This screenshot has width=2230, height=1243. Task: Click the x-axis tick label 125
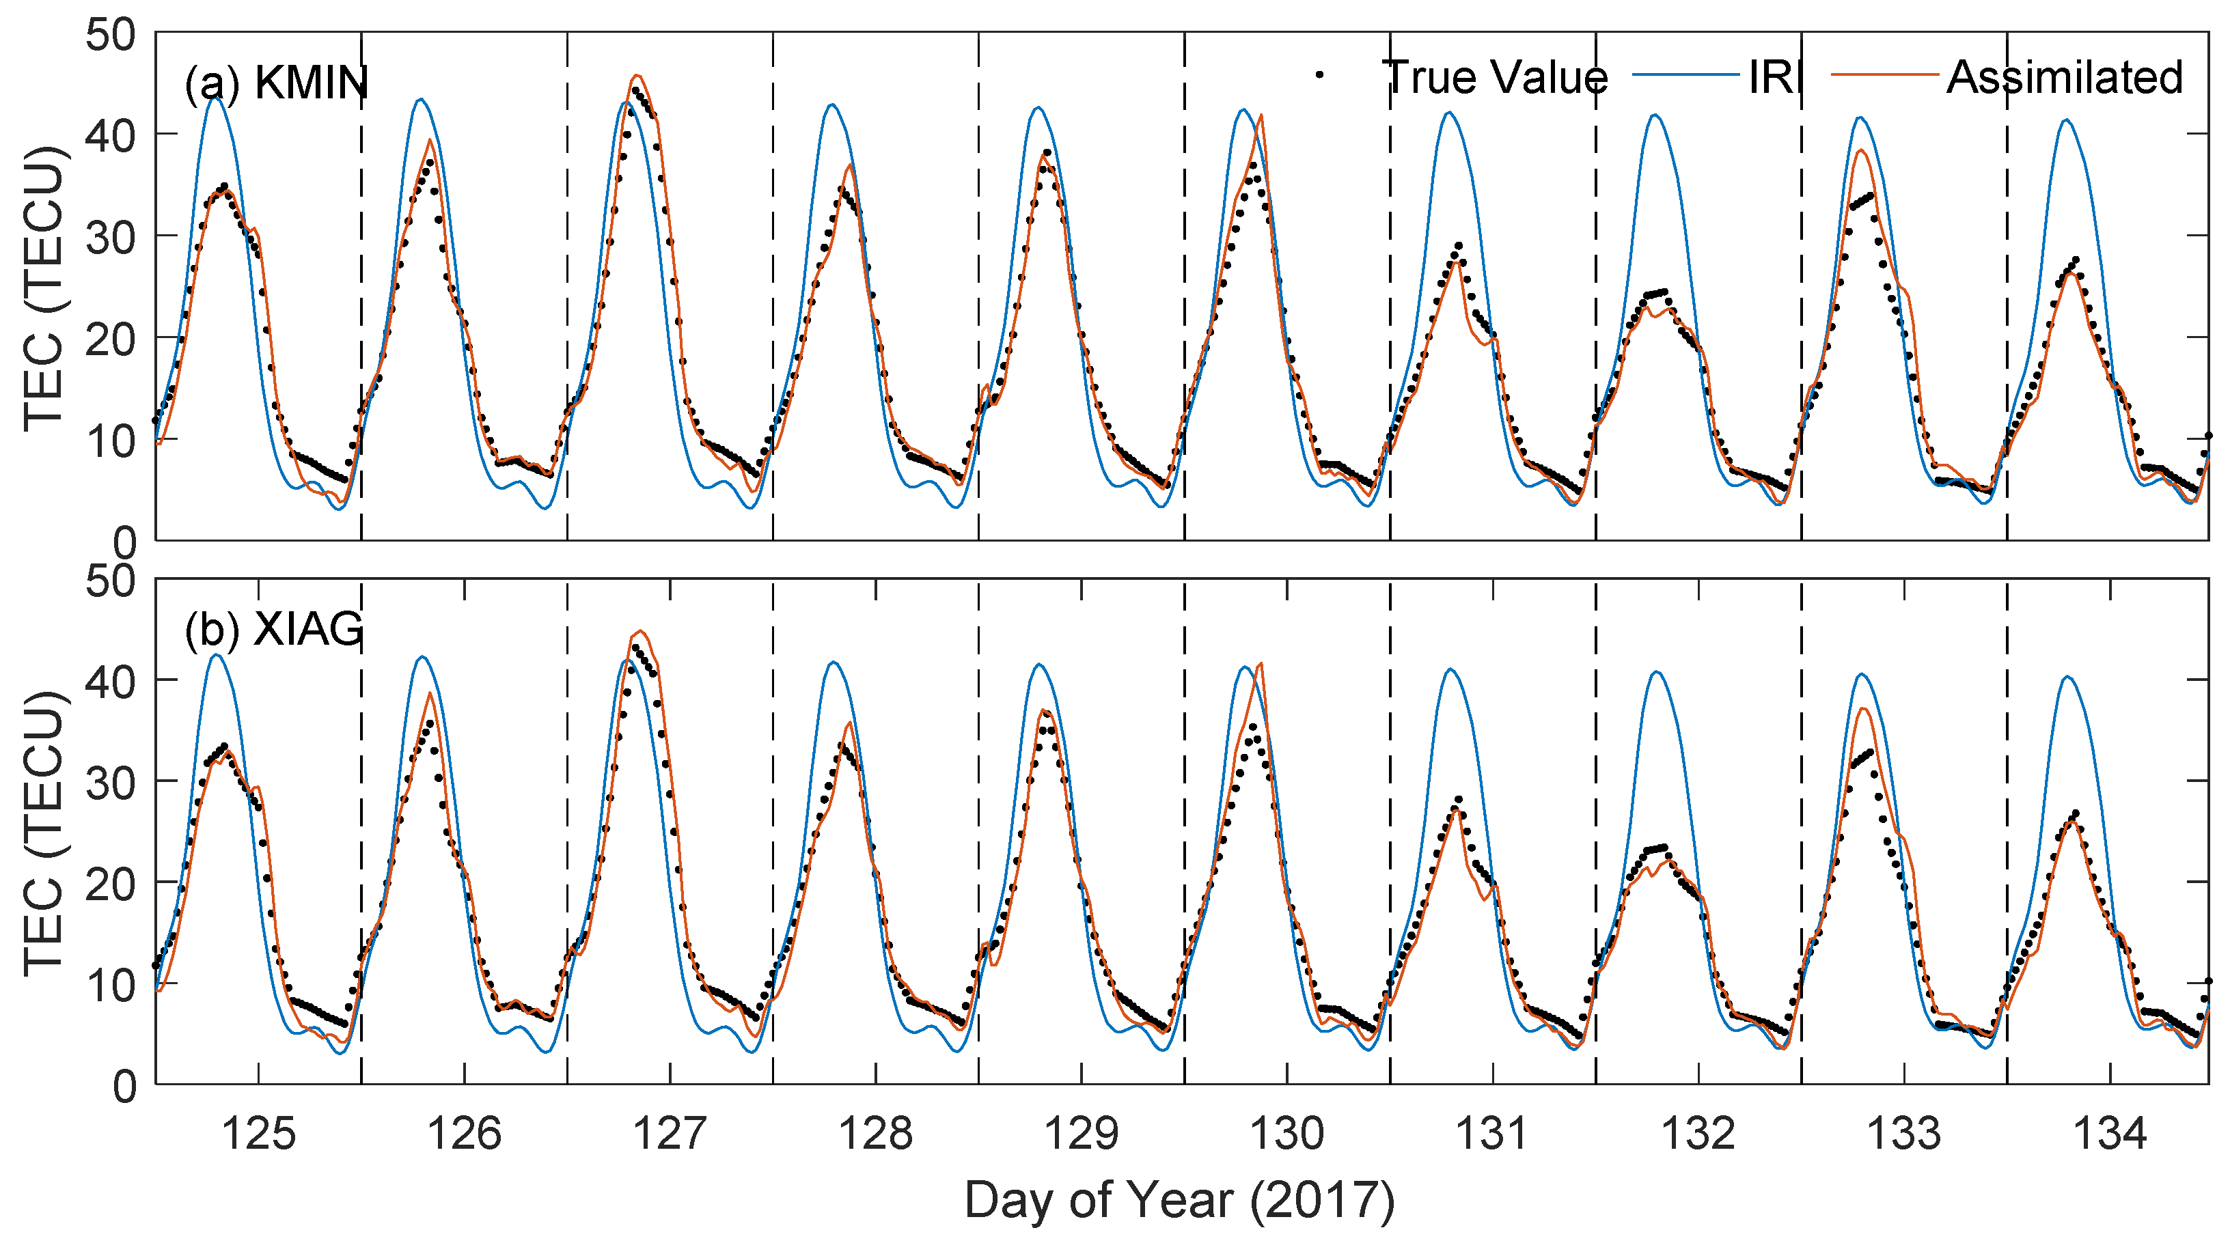click(x=258, y=1133)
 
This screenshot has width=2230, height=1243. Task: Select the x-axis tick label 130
click(x=1286, y=1133)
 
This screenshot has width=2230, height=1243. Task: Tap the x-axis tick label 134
click(x=2110, y=1133)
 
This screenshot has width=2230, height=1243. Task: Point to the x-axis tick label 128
click(x=875, y=1133)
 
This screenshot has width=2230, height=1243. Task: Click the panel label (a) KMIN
click(x=276, y=84)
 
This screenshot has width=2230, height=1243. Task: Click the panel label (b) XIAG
click(x=273, y=629)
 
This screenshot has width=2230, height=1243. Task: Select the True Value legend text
click(x=1496, y=77)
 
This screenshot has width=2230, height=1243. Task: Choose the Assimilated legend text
click(x=2065, y=77)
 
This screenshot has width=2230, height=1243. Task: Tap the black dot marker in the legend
click(x=1319, y=75)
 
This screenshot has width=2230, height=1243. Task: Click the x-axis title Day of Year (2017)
click(x=1179, y=1201)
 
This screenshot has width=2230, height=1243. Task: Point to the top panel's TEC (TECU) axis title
click(x=43, y=288)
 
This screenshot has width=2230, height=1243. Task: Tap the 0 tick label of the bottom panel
click(x=124, y=1085)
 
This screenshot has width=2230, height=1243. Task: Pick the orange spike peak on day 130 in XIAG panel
click(x=1261, y=663)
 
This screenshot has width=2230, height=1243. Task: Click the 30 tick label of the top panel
click(x=111, y=236)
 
